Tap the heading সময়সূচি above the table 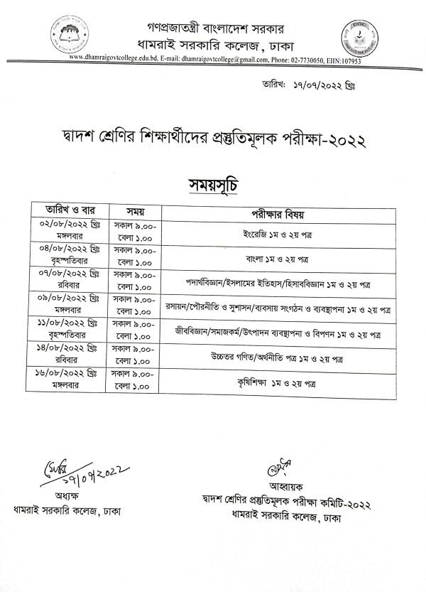(212, 183)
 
